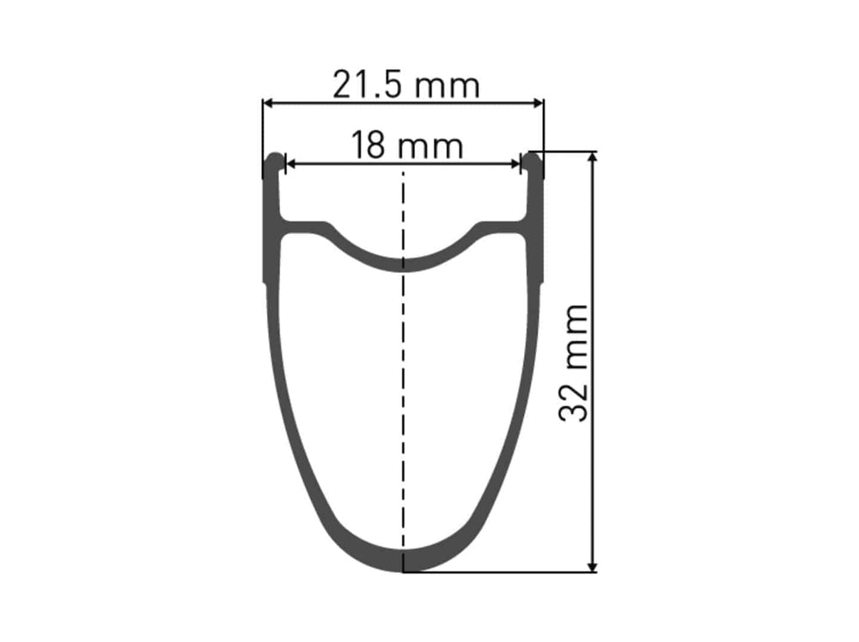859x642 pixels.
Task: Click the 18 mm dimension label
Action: click(x=406, y=145)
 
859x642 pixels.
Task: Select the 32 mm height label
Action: click(x=573, y=363)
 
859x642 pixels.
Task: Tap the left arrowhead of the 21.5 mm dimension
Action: click(x=268, y=102)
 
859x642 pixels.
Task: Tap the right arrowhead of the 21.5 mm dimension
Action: click(x=539, y=102)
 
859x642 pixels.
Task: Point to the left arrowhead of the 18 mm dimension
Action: click(x=291, y=163)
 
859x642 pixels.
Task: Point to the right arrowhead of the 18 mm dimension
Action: click(x=515, y=163)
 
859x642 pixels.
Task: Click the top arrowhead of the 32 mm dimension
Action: click(x=592, y=157)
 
